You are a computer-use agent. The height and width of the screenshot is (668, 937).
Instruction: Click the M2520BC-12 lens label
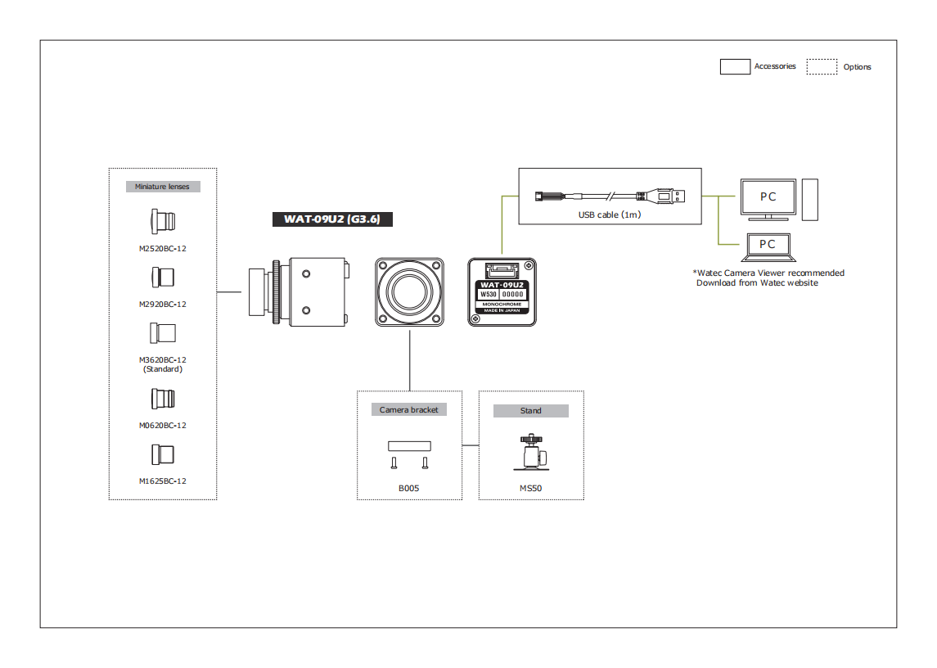(163, 248)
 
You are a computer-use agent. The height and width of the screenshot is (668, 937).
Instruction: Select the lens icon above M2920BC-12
(163, 278)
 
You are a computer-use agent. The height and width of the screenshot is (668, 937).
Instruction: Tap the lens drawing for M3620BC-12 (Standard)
(163, 333)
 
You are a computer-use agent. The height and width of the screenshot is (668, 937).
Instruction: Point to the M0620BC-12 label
(163, 425)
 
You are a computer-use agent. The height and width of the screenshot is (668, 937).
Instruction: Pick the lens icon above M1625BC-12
(163, 454)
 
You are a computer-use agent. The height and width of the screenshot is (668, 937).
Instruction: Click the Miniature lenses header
(162, 187)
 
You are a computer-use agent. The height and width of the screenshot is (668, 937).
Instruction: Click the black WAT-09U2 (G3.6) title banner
(332, 219)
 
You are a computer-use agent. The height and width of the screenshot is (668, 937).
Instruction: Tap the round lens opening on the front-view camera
(409, 291)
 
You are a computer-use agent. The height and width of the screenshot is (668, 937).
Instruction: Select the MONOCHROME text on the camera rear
(502, 304)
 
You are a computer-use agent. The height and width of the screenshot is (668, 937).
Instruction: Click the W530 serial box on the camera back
(489, 294)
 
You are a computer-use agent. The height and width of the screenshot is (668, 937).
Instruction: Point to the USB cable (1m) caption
(609, 214)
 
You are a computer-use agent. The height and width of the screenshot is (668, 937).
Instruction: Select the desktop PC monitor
(768, 197)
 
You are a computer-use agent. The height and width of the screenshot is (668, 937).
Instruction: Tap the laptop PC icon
(767, 246)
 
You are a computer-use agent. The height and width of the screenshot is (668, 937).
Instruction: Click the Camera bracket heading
(408, 409)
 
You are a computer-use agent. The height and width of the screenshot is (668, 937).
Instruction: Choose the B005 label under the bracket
(408, 489)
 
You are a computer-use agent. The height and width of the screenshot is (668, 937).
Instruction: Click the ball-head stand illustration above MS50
(531, 453)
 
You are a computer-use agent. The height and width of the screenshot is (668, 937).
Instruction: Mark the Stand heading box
(530, 411)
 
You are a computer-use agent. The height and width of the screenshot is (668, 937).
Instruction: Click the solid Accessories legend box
(735, 67)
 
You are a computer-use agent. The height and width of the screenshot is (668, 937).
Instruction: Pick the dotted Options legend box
(822, 67)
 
